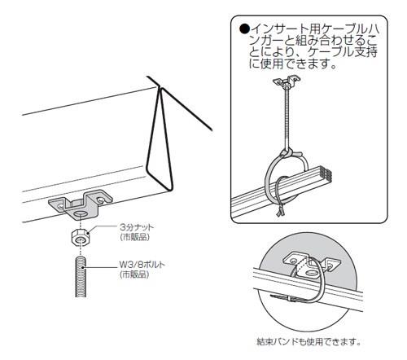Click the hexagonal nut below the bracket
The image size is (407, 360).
[x=80, y=237]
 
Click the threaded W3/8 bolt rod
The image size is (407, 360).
[x=81, y=276]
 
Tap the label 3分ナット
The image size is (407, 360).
[x=137, y=227]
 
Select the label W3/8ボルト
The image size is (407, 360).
[x=142, y=265]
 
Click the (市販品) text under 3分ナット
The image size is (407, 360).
[x=135, y=237]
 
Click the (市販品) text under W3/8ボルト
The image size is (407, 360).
[x=134, y=274]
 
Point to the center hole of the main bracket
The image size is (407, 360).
[x=80, y=215]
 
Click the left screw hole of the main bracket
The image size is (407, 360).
[x=61, y=207]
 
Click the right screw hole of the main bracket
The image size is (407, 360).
[x=101, y=200]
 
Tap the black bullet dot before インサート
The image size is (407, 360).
[x=244, y=29]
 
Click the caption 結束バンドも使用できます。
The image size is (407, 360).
[x=309, y=341]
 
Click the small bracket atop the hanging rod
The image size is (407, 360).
[x=287, y=82]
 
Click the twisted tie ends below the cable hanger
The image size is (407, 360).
[x=280, y=211]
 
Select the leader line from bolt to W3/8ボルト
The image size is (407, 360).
[x=102, y=267]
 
